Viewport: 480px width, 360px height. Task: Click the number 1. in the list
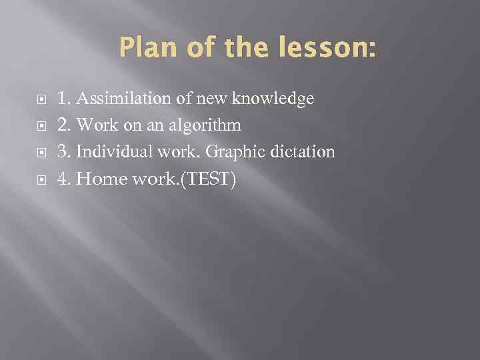click(64, 99)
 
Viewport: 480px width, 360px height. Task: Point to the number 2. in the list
click(64, 125)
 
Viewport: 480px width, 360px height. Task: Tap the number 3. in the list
click(64, 152)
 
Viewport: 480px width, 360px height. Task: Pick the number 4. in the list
click(64, 179)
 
